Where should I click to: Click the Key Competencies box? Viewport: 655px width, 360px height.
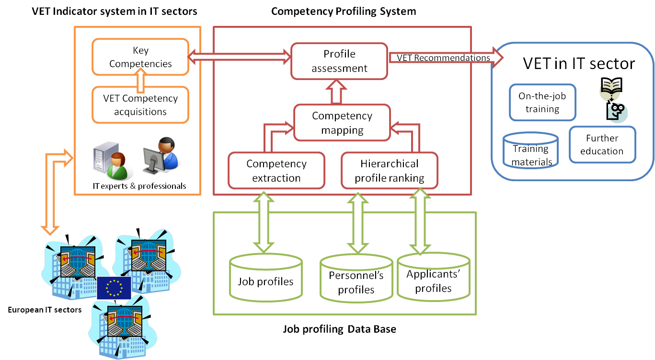(140, 57)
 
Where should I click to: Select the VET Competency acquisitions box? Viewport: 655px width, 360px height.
(140, 105)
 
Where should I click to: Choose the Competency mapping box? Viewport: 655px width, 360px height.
(342, 123)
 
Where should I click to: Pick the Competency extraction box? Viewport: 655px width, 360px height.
(276, 171)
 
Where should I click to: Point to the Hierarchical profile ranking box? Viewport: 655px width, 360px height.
(389, 171)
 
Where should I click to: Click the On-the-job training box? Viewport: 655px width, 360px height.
(542, 102)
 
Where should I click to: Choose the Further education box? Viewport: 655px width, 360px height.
(602, 144)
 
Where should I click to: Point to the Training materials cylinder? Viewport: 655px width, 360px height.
(531, 151)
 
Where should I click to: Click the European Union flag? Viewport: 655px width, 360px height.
(114, 288)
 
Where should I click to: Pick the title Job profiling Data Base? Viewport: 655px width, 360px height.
(339, 329)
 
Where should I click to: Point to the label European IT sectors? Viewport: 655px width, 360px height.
(45, 310)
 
